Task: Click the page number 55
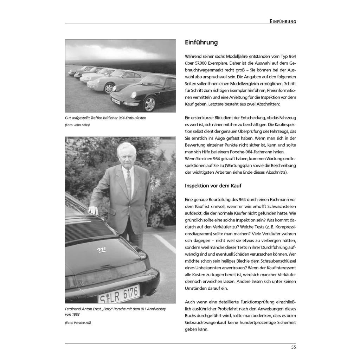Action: pyautogui.click(x=294, y=347)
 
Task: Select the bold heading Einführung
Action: pyautogui.click(x=201, y=43)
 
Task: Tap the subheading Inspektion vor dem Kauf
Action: pyautogui.click(x=213, y=186)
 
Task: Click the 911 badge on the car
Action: pyautogui.click(x=102, y=249)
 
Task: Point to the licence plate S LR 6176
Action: pyautogui.click(x=119, y=294)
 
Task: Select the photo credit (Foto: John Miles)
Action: pyautogui.click(x=77, y=125)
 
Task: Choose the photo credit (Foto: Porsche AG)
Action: pyautogui.click(x=78, y=322)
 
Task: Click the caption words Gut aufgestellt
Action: pyautogui.click(x=77, y=118)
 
